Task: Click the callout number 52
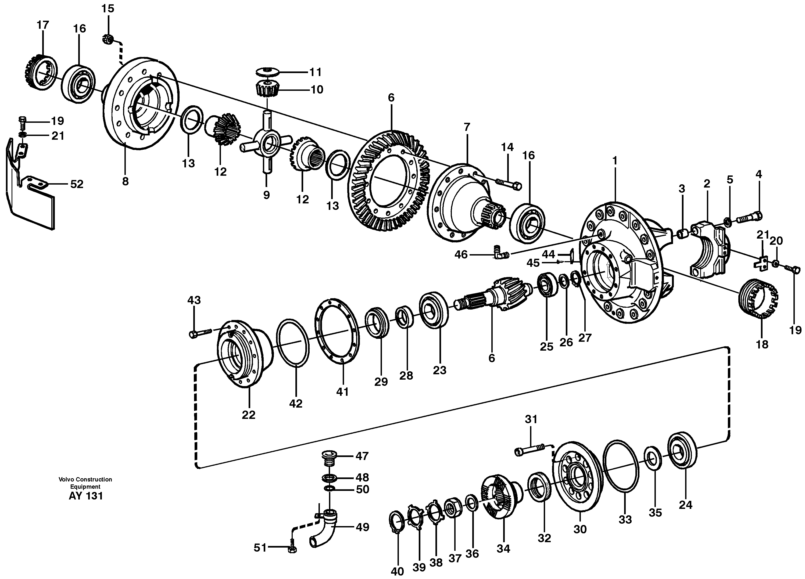77,184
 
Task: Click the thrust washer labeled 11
267,72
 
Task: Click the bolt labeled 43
200,333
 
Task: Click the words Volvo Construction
85,479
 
